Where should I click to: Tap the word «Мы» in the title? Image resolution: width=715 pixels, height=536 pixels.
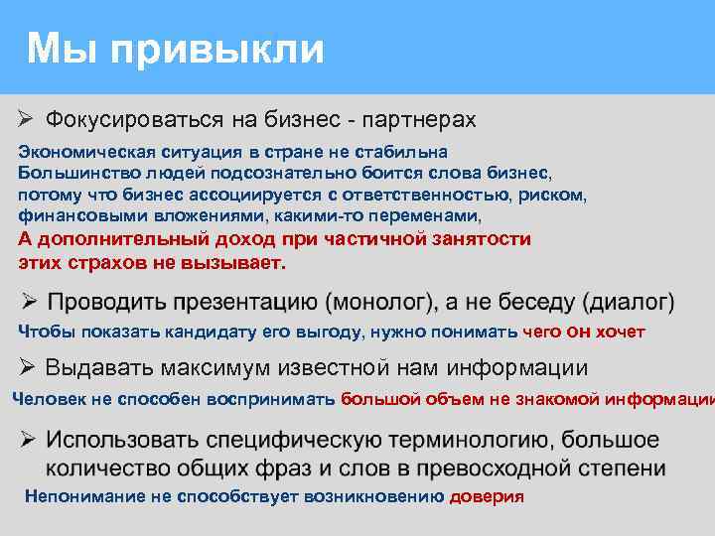(x=64, y=48)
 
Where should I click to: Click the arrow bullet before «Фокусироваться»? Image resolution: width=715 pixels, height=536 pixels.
(x=27, y=120)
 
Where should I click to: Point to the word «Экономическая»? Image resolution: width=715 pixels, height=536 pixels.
(x=80, y=152)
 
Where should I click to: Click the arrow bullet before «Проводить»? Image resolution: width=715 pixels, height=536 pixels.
(x=29, y=301)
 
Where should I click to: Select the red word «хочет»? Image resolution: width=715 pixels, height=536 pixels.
(x=622, y=332)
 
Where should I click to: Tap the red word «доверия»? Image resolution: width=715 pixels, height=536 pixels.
(x=487, y=495)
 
